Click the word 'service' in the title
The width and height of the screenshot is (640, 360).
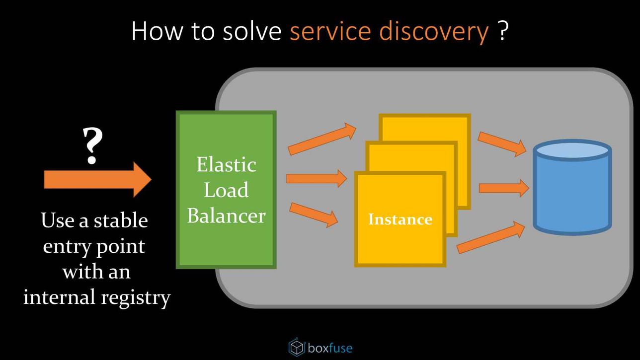tap(330, 31)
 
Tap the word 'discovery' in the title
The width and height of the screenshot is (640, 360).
tap(434, 31)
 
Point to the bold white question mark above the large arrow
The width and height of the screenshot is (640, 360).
tap(92, 145)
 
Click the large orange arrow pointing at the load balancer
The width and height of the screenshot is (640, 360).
tap(97, 180)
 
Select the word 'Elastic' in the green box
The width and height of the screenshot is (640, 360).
tap(226, 165)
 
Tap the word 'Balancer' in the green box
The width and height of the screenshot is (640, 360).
tap(226, 216)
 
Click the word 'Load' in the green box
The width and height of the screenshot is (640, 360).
tap(226, 190)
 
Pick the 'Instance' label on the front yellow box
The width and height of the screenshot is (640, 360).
tap(400, 219)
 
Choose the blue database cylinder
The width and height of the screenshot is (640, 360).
tap(572, 187)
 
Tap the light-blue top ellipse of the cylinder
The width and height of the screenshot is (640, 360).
tap(572, 150)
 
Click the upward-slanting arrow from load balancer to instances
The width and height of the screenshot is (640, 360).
tap(322, 139)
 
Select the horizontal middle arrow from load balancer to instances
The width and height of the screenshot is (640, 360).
tap(317, 178)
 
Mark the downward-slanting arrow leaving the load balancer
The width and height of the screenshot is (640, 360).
tap(314, 215)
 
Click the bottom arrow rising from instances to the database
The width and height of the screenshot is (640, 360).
tap(490, 237)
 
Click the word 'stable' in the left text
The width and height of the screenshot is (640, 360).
tap(121, 220)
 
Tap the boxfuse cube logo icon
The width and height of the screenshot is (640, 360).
tap(297, 347)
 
